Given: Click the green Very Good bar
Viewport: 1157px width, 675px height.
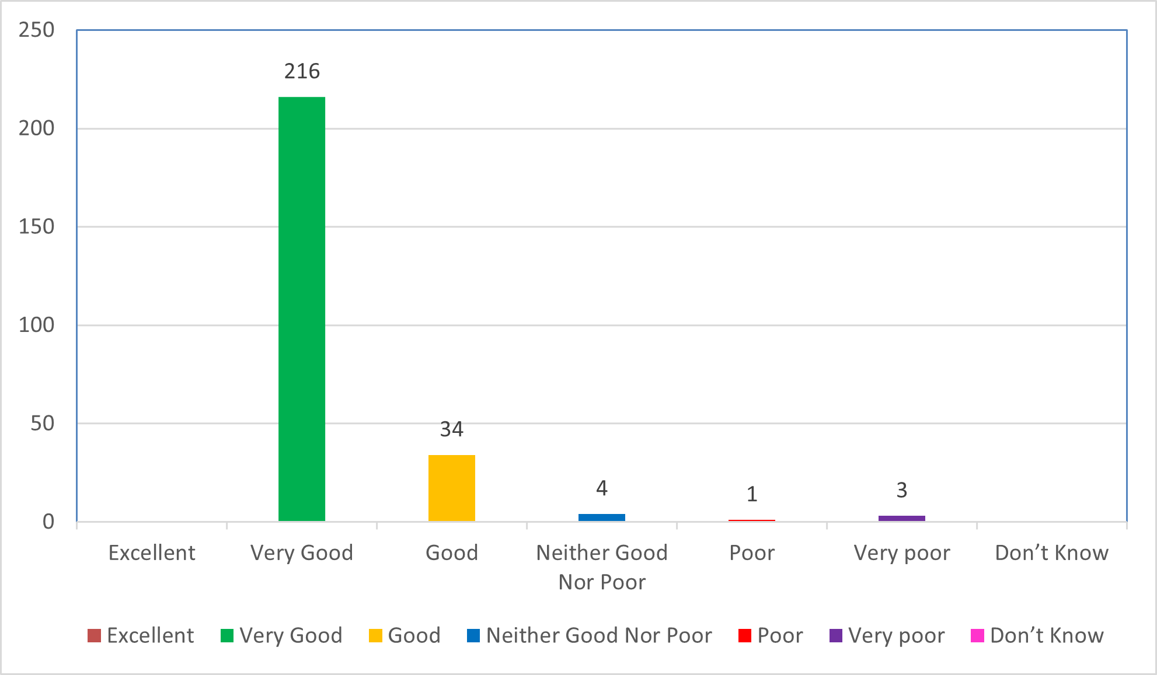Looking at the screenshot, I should click(302, 309).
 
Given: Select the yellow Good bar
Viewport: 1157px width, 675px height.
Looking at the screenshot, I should click(452, 488).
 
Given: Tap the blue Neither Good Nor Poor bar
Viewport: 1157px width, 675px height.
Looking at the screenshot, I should click(602, 517).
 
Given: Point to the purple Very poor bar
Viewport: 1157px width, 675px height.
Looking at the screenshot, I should click(902, 518).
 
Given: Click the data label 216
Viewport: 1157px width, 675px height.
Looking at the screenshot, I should click(302, 71).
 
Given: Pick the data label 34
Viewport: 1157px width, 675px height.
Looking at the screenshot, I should click(452, 429).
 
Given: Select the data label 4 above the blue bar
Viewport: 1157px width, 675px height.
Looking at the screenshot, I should click(602, 488).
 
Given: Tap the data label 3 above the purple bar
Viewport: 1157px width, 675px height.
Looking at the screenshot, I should click(902, 490).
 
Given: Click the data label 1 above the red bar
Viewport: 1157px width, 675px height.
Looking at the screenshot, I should click(752, 494).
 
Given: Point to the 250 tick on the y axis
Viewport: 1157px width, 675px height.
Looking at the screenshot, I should click(36, 30).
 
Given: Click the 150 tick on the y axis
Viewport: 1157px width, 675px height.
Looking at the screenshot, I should click(36, 226).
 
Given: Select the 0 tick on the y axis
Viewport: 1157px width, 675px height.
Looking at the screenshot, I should click(48, 522).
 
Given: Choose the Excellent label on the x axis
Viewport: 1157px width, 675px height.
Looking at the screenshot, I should click(152, 552).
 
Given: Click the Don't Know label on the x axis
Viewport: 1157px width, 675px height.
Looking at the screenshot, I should click(1052, 552).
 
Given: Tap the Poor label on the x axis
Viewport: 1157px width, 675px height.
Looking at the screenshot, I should click(752, 552).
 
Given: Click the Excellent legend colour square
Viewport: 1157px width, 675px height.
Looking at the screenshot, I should click(94, 635).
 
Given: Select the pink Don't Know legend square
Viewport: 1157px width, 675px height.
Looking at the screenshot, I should click(977, 635).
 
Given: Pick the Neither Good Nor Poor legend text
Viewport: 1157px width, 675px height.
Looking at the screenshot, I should click(599, 635).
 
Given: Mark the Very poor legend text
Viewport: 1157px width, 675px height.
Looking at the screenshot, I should click(897, 635).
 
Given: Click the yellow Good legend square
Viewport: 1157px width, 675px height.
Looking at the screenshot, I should click(375, 635).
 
